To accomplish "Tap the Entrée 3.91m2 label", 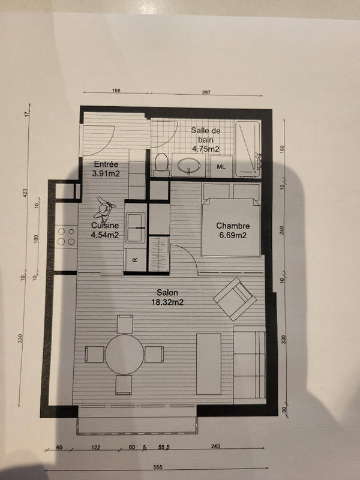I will pos(106,169).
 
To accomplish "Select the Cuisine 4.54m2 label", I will pos(104,230).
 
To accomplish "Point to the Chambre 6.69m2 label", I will pos(232,230).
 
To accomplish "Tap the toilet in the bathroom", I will pos(160,164).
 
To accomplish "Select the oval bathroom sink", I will pos(190,165).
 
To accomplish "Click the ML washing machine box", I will pos(221,166).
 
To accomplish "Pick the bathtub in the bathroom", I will pos(248,149).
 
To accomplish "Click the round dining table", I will pos(125,354).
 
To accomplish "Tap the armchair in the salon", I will pos(235,298).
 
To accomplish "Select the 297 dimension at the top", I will pos(208,92).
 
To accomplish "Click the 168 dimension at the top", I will pos(116,91).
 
